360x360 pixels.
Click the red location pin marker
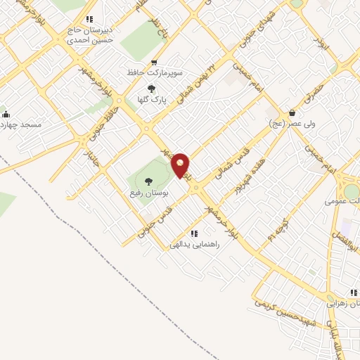181,165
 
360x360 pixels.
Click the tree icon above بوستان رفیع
148,181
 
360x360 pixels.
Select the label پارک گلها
152,100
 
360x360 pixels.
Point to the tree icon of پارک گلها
152,89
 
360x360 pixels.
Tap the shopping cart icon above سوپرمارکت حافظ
155,63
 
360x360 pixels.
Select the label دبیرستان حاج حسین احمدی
89,36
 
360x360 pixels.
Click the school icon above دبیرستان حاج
89,20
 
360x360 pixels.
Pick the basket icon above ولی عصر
292,113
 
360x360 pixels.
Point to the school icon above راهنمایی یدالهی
194,233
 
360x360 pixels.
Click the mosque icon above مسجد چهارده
5,115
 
